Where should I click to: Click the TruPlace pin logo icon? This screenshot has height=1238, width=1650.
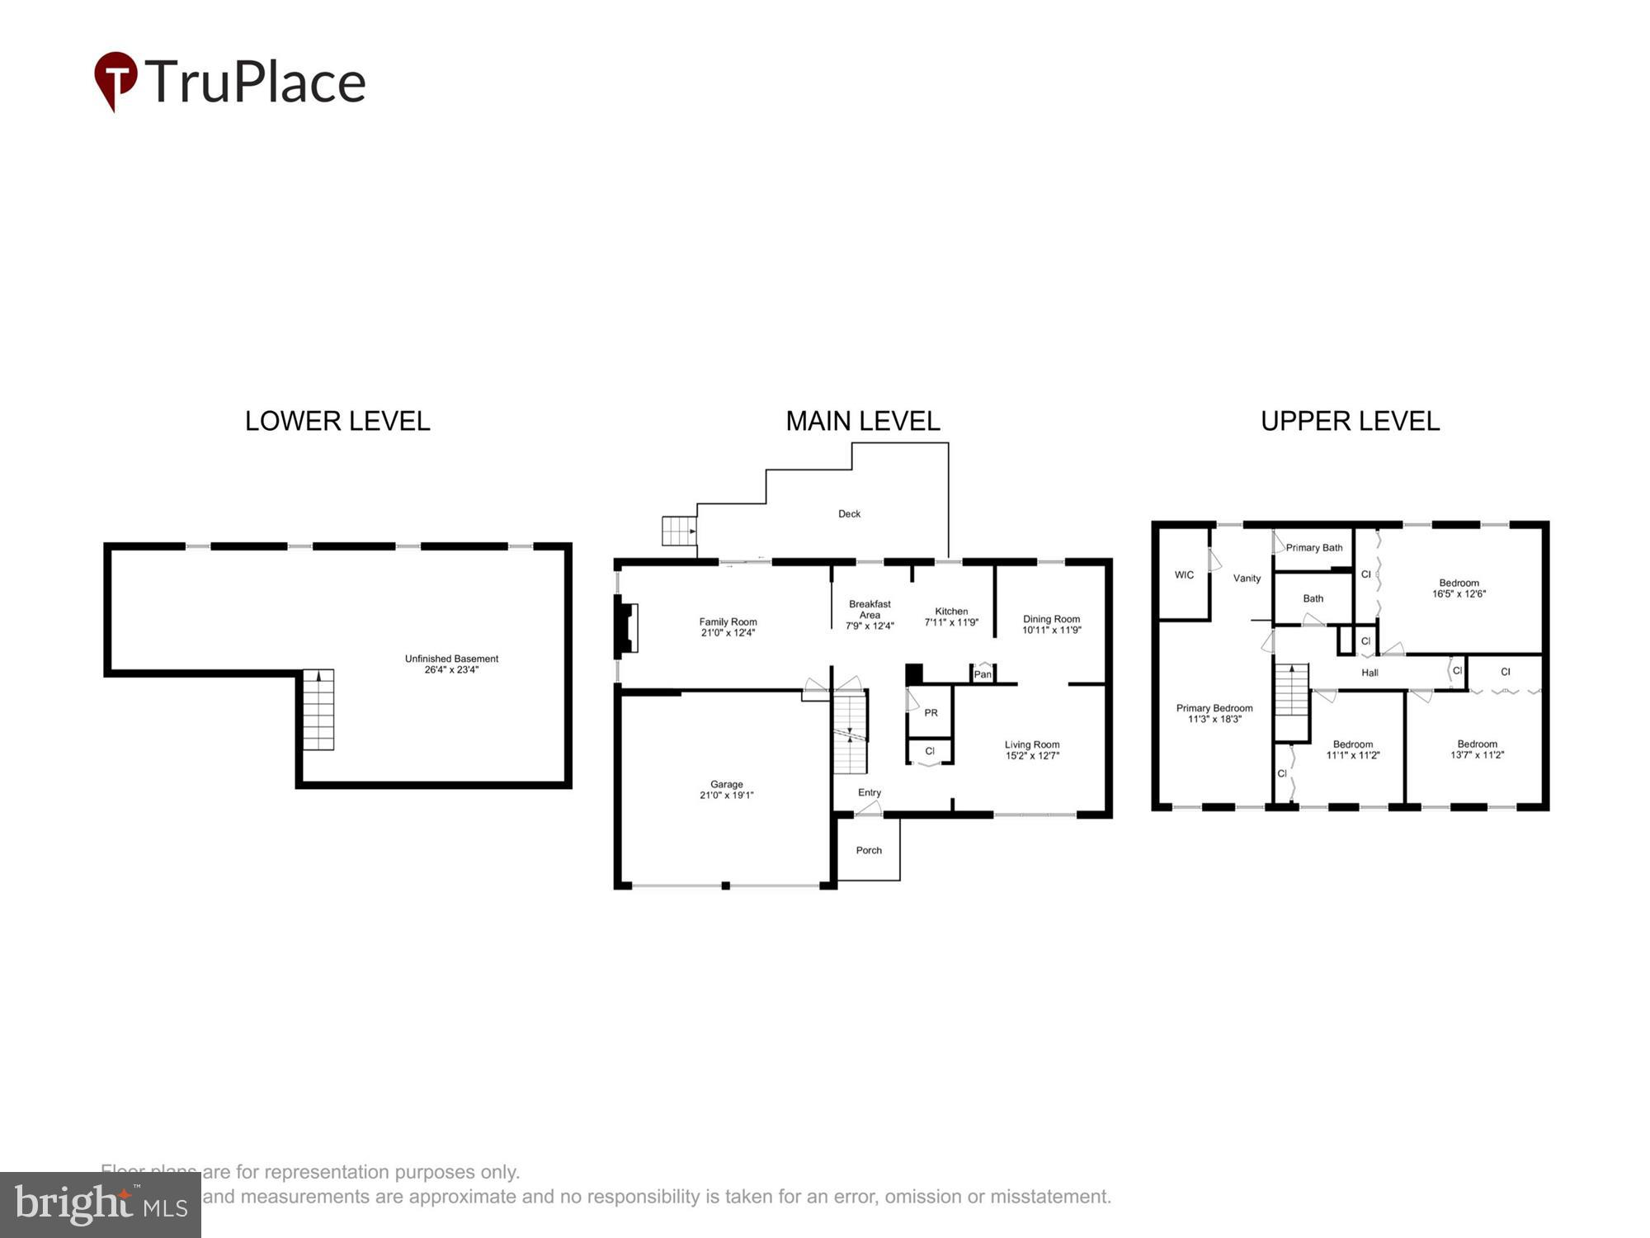[115, 79]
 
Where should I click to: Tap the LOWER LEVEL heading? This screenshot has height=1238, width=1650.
[337, 421]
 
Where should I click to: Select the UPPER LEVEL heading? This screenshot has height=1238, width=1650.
[1350, 421]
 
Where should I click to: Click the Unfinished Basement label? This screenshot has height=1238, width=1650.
[451, 659]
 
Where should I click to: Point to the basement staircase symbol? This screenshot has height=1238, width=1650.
[318, 709]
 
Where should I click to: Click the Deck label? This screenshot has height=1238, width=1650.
[849, 513]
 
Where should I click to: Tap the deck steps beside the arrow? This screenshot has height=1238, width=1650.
[678, 531]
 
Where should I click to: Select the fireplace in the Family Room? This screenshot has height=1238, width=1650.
[627, 628]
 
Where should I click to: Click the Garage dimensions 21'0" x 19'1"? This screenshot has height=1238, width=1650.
[726, 796]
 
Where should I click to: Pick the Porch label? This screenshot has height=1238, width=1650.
[869, 850]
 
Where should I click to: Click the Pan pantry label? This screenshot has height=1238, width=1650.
[982, 674]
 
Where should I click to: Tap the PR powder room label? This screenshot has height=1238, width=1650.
[931, 712]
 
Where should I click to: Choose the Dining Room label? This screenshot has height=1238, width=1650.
[1051, 619]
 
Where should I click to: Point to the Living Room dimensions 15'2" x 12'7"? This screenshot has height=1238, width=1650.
[1032, 756]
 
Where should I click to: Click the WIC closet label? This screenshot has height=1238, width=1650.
[1184, 574]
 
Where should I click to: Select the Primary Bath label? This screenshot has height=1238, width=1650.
[1314, 547]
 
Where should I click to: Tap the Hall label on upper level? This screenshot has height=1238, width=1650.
[1369, 673]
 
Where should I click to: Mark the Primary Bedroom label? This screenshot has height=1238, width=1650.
[1214, 708]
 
